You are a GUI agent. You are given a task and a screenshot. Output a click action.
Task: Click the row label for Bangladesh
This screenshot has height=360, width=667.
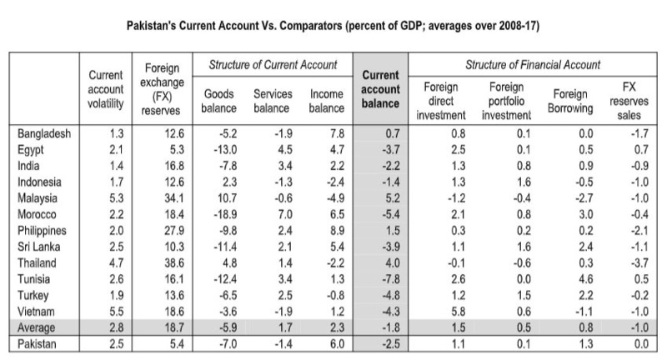point(43,132)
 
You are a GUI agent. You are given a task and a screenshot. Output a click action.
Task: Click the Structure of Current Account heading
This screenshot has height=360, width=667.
point(272,65)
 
